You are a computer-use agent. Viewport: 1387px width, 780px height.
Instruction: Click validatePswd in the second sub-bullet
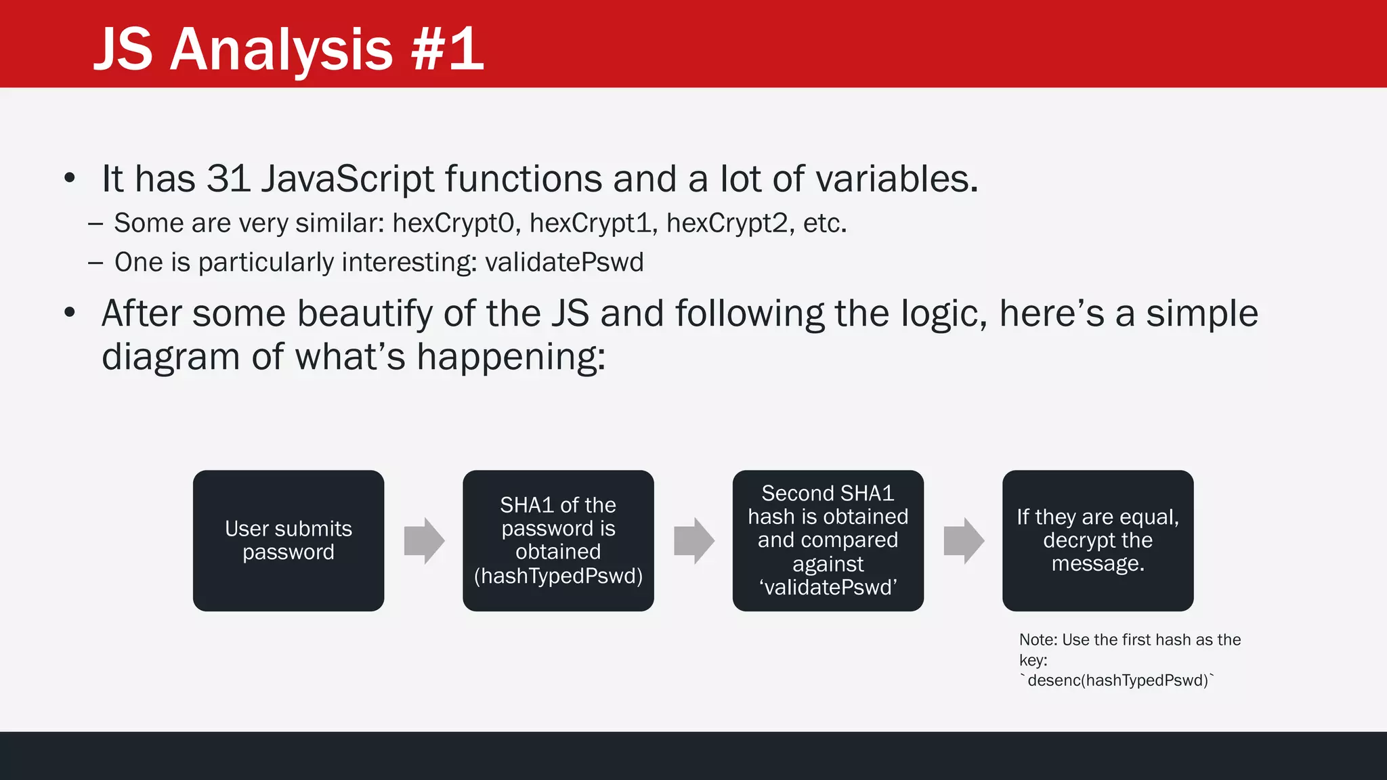coord(564,262)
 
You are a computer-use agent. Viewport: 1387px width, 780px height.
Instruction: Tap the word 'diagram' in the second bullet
coord(171,357)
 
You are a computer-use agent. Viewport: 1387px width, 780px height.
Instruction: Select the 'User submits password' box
coord(289,540)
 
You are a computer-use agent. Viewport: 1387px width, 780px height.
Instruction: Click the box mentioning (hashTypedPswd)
coord(558,540)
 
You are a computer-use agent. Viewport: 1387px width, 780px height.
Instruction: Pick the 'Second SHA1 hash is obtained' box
coord(828,540)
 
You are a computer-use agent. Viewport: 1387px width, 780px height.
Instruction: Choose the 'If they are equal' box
coord(1097,540)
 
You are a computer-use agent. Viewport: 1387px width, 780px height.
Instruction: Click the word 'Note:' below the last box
coord(1038,640)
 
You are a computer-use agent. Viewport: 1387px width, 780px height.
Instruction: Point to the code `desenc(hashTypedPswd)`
coord(1117,680)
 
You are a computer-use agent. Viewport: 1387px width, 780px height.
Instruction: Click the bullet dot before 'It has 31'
coord(70,179)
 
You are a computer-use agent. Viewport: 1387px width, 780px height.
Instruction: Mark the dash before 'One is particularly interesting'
coord(95,263)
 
